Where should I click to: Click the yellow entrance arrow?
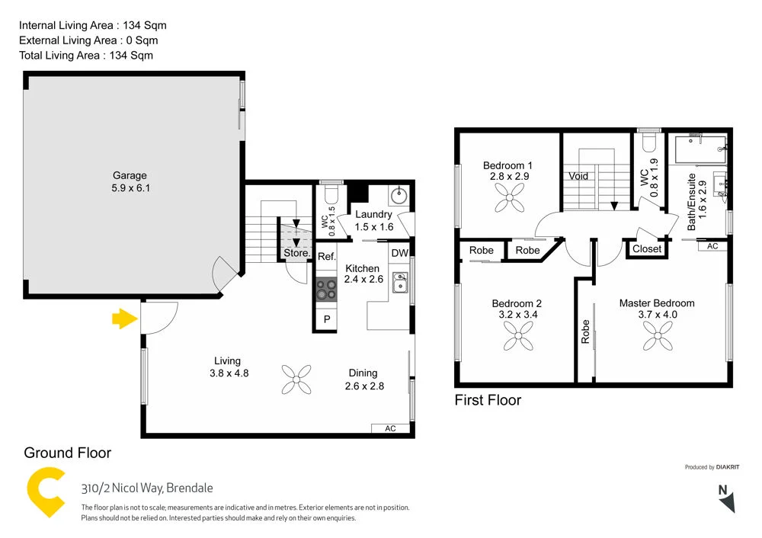[123, 319]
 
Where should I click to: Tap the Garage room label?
[130, 175]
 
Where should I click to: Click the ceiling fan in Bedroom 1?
[507, 200]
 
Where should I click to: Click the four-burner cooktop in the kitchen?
[327, 289]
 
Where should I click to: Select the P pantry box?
[327, 320]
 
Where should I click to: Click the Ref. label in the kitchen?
[327, 256]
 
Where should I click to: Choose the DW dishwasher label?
[399, 253]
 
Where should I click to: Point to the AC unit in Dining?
[390, 428]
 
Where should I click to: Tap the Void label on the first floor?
[578, 176]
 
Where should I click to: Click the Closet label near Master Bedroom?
[647, 249]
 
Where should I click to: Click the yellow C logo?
[46, 495]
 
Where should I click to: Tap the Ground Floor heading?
[67, 453]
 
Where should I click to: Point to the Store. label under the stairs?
[296, 253]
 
